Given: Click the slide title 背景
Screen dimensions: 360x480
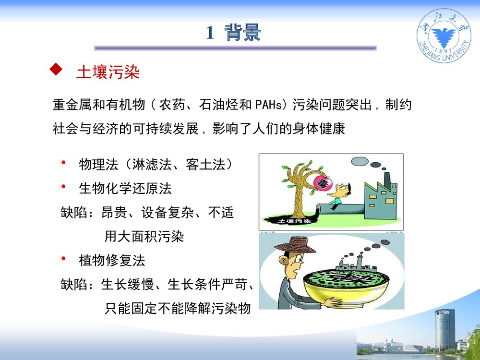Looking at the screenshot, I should coord(243,33).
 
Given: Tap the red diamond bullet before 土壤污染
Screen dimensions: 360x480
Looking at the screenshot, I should coord(56,71).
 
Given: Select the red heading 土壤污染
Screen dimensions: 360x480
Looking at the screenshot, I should coord(108,72).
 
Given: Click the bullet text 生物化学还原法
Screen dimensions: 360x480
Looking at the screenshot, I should coord(125,188).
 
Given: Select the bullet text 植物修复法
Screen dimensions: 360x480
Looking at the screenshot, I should coord(111,261).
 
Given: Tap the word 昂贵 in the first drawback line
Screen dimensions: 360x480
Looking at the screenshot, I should coord(114,213).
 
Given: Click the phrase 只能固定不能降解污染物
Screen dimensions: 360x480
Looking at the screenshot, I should coord(178,308).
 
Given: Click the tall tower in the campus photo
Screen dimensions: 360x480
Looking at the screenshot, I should coord(444,329).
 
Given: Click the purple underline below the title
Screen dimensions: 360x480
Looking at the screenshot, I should coord(235,48).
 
